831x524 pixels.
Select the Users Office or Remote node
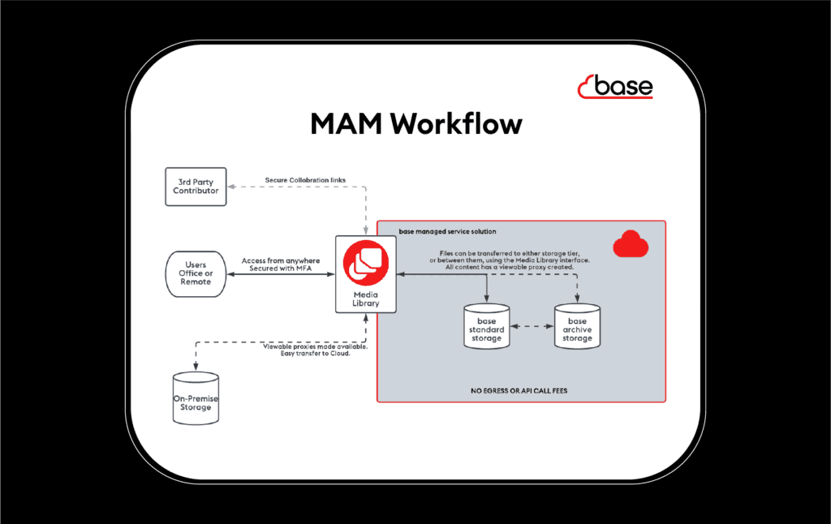196,273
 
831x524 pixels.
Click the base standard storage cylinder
486,326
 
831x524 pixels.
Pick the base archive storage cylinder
577,326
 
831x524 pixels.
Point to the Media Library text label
365,299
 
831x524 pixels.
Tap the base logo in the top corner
614,87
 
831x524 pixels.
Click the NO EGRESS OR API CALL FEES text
519,390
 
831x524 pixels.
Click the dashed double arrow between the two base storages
532,326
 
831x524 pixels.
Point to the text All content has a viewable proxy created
510,267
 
